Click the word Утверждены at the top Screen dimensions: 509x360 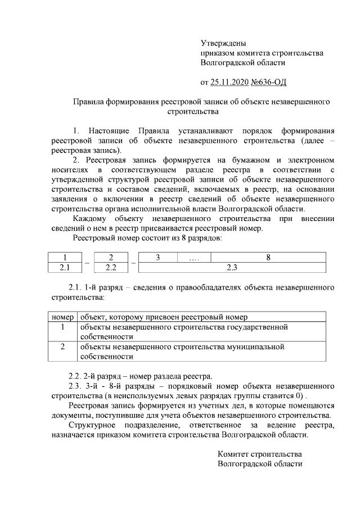click(x=223, y=43)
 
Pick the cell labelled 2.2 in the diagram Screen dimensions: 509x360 click(x=111, y=268)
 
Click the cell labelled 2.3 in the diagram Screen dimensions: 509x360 click(x=231, y=268)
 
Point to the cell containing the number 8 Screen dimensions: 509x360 click(x=268, y=258)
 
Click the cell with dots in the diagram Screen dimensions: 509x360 click(x=195, y=258)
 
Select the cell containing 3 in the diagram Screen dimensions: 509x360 click(x=158, y=258)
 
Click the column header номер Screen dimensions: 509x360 click(x=62, y=317)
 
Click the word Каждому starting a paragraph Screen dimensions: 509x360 click(x=84, y=218)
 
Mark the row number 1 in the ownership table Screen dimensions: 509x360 click(x=62, y=327)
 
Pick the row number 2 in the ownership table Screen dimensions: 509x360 click(x=62, y=346)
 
